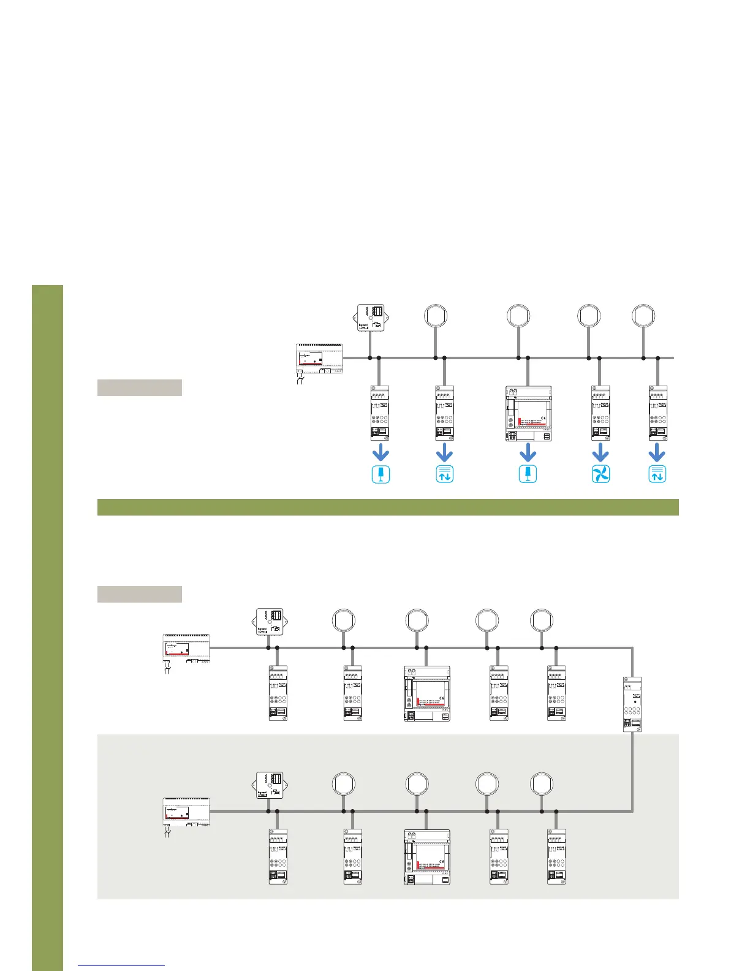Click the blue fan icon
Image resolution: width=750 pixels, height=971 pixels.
tap(600, 474)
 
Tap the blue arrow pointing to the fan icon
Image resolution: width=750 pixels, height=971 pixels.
tap(600, 454)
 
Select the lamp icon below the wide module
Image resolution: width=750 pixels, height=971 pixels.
tap(528, 474)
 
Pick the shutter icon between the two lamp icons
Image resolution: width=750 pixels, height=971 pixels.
tap(444, 474)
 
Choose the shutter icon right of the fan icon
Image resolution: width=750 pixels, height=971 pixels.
tap(657, 474)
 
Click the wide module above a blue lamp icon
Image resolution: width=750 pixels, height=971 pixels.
tap(528, 414)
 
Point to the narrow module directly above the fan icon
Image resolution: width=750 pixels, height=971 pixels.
tap(600, 413)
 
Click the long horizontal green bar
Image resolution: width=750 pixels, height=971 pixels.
tap(388, 507)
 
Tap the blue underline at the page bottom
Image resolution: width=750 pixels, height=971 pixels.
tap(121, 965)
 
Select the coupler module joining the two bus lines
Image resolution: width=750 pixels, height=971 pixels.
tap(632, 704)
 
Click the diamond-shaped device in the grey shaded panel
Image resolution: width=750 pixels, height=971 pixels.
tap(270, 785)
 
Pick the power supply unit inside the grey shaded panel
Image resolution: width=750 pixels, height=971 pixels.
tap(186, 813)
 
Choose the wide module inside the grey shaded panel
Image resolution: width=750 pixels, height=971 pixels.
tap(426, 857)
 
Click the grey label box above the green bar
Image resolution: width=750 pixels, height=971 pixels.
tap(140, 387)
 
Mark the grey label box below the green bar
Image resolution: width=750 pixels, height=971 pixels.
tap(140, 594)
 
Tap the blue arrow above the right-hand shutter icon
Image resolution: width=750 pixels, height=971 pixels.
tap(657, 454)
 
